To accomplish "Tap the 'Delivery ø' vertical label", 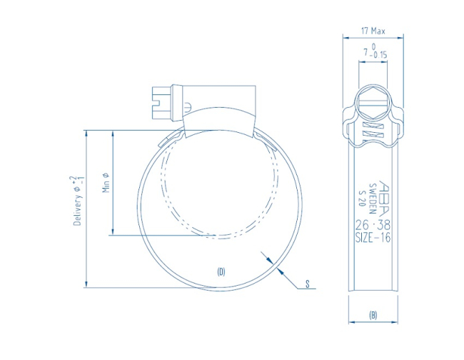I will tap(77, 201).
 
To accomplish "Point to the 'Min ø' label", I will tap(105, 182).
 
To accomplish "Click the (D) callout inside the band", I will tap(221, 271).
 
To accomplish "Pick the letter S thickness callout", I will tap(307, 285).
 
